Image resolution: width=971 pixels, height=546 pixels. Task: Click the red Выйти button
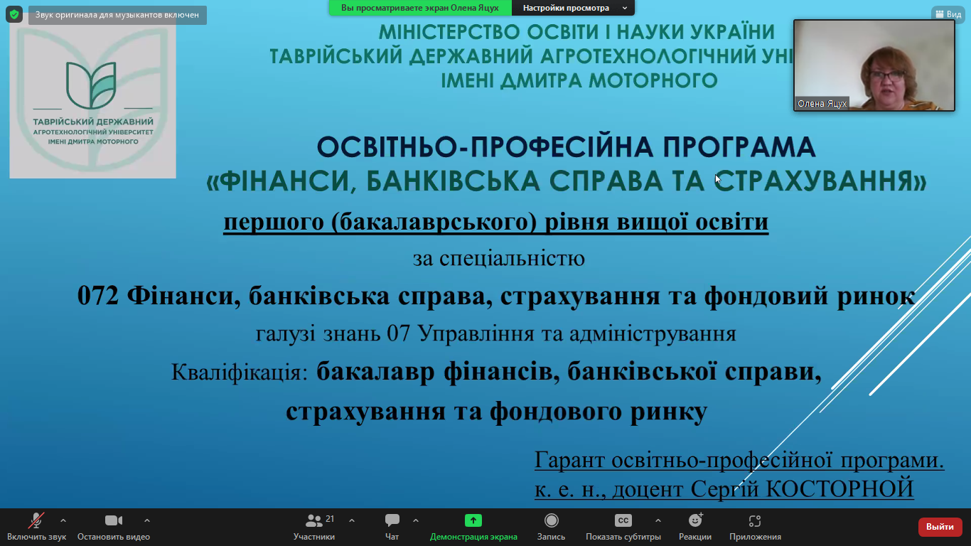(940, 527)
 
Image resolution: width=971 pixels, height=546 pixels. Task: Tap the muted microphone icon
(36, 520)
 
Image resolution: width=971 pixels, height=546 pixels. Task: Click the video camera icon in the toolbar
(114, 520)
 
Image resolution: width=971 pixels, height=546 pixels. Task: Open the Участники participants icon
(314, 520)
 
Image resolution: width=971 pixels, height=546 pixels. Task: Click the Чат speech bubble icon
(392, 520)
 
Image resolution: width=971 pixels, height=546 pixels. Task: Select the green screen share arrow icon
(473, 520)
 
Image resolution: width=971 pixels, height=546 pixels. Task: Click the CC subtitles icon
(623, 520)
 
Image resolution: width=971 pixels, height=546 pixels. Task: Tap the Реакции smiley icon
(695, 520)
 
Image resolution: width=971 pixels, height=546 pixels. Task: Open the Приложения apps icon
(755, 520)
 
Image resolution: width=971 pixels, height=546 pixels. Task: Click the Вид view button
(948, 14)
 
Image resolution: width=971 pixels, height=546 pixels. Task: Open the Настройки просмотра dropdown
(573, 8)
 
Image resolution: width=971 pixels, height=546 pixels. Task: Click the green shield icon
(14, 14)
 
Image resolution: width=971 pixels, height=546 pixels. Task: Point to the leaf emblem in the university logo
(91, 85)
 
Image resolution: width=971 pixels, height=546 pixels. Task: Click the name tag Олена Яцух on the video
(822, 104)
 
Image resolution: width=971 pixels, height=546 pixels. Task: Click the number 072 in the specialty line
(98, 296)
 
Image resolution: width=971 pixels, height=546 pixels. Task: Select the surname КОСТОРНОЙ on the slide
(839, 488)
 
